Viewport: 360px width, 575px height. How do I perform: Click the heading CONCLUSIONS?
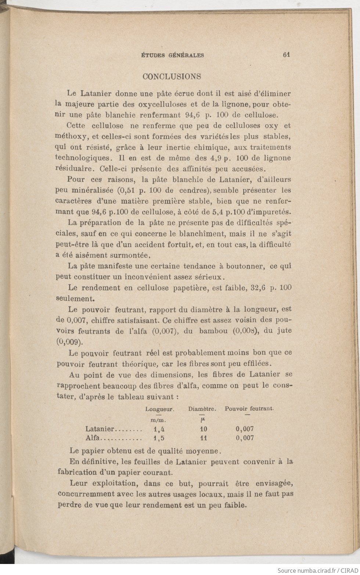[172, 76]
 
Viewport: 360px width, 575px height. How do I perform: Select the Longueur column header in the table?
[159, 409]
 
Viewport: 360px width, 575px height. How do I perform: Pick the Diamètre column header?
[202, 409]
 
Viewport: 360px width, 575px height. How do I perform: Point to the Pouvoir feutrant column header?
[249, 408]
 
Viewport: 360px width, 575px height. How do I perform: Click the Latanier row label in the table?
[100, 428]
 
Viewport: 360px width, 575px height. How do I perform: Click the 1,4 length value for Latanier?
[159, 428]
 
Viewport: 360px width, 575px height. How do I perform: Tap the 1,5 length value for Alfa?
[159, 438]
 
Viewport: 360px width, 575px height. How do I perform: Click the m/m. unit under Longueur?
[159, 420]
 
